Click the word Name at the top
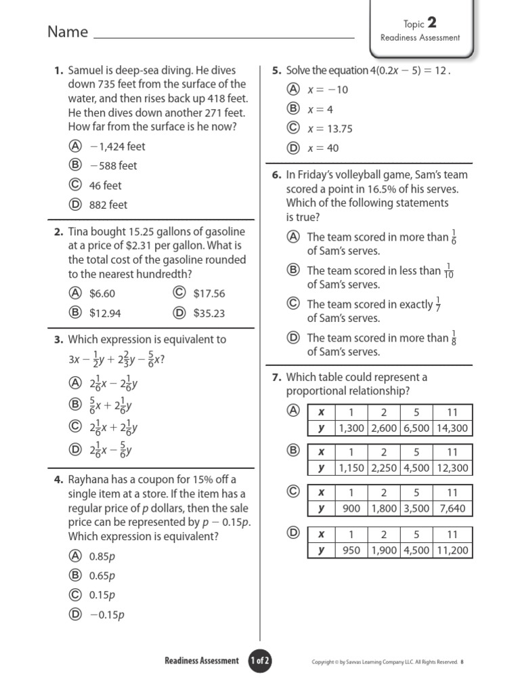[x=68, y=32]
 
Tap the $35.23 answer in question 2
[x=209, y=313]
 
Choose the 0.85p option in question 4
[x=102, y=556]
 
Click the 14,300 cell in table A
[x=452, y=428]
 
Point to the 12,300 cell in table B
[x=452, y=468]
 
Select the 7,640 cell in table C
[x=452, y=508]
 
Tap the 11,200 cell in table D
[x=452, y=550]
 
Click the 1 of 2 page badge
[x=260, y=661]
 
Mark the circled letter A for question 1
[x=75, y=146]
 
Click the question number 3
[x=58, y=340]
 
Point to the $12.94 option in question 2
[x=105, y=313]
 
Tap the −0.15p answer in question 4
[x=106, y=615]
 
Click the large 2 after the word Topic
[x=431, y=24]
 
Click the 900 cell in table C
[x=351, y=508]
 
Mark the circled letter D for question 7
[x=293, y=533]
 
